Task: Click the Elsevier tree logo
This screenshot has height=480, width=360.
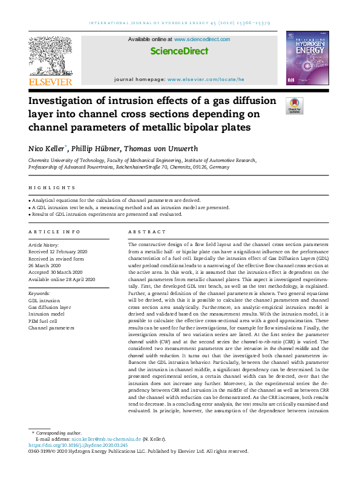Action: pos(50,56)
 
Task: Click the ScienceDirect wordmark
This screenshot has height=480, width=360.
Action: pos(179,51)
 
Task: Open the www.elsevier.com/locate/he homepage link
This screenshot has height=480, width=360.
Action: pos(206,80)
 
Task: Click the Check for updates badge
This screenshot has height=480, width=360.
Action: pos(295,106)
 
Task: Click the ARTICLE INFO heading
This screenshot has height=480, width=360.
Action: pos(54,232)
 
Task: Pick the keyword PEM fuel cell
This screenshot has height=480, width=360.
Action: pos(44,321)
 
